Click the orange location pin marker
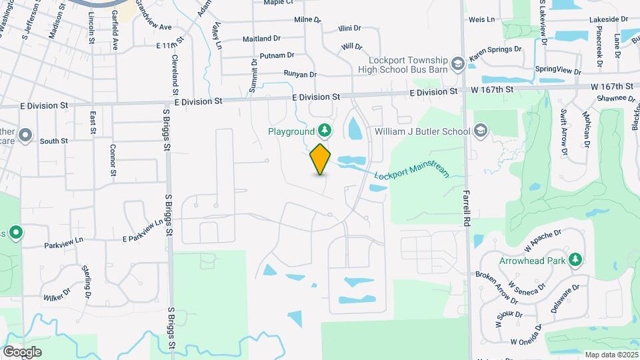[321, 159]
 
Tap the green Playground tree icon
[325, 129]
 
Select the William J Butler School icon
[480, 131]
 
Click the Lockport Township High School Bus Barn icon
[457, 63]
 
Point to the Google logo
[22, 351]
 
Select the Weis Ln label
[482, 20]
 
